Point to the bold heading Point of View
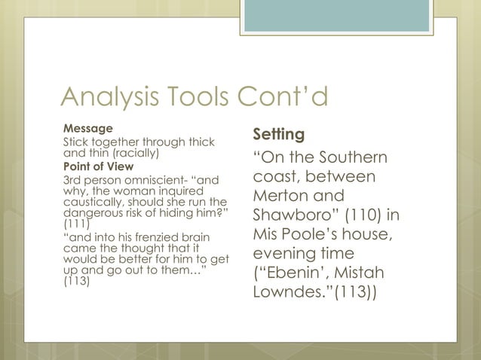(98, 166)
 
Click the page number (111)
(74, 224)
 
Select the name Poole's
(312, 233)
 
